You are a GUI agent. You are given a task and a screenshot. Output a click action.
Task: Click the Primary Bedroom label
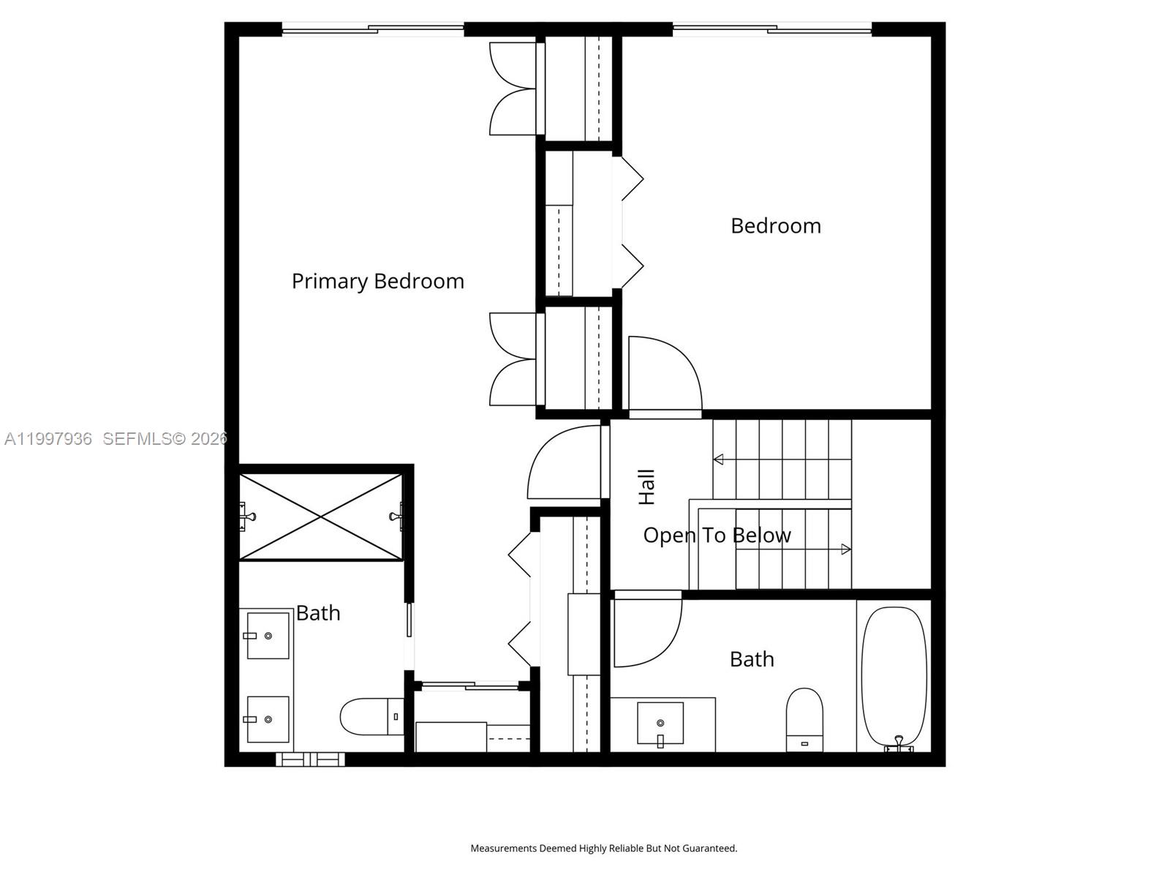pos(377,281)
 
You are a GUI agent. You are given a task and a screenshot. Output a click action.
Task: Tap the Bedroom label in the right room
pos(775,225)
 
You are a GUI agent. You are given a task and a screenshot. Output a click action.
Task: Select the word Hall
pos(646,487)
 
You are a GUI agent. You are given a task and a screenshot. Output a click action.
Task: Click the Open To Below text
pos(717,535)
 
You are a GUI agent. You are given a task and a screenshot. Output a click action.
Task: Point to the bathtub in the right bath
pos(894,677)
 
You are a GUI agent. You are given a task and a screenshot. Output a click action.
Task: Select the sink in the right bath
pos(660,723)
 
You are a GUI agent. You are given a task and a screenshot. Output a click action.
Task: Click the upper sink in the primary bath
pos(268,636)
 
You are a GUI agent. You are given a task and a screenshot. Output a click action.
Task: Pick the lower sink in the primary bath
pos(268,719)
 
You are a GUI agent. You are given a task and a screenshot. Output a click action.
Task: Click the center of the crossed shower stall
pos(321,517)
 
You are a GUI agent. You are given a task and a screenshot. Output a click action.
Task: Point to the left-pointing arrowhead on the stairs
pos(718,459)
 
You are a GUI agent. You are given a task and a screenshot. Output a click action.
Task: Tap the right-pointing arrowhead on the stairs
pos(846,549)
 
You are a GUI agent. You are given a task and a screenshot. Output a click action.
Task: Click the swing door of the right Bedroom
pos(662,373)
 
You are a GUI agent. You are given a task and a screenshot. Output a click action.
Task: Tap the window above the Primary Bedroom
pos(373,30)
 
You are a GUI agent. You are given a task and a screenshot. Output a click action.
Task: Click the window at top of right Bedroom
pos(771,30)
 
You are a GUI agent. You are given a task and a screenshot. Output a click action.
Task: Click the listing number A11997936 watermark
pos(48,438)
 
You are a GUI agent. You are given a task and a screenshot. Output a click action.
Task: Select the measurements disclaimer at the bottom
pos(603,848)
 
